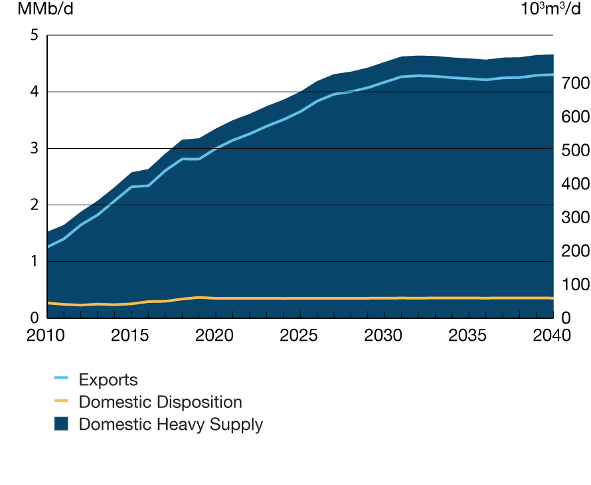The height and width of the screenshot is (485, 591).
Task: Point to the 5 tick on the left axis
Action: (x=34, y=35)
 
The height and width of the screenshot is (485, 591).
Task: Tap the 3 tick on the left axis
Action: (x=34, y=148)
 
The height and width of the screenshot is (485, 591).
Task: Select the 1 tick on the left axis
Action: (x=34, y=262)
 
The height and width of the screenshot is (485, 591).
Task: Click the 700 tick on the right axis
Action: (x=572, y=84)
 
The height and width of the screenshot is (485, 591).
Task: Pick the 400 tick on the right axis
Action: (x=572, y=184)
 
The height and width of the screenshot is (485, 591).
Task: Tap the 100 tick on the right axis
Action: (x=572, y=284)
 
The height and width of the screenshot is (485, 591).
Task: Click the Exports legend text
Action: (x=108, y=380)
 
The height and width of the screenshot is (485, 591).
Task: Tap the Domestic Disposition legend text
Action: (x=160, y=402)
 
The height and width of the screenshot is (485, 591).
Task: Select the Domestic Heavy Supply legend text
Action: (x=171, y=425)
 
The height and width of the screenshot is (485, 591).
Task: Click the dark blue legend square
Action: (x=61, y=425)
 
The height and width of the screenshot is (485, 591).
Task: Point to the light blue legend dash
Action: (x=61, y=379)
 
